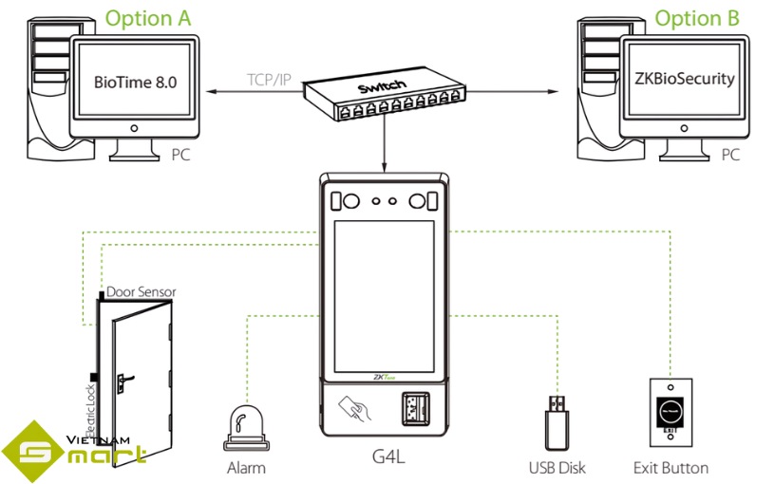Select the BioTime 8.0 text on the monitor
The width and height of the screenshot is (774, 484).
(136, 82)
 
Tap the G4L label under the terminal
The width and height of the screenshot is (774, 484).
(387, 457)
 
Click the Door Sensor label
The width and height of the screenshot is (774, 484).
(141, 292)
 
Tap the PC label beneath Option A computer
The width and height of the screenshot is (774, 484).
(180, 154)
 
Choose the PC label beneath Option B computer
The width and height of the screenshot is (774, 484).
(729, 154)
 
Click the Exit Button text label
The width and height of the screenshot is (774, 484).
(670, 468)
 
